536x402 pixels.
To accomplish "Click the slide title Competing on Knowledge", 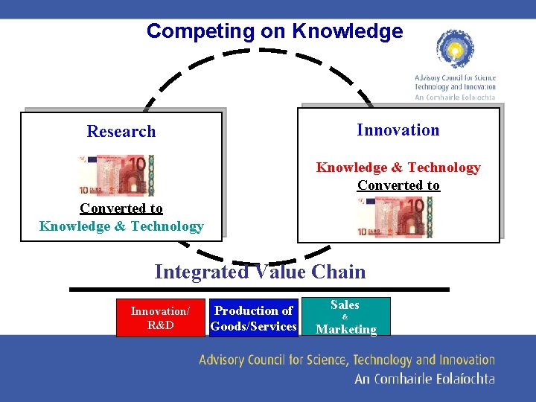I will pyautogui.click(x=274, y=31).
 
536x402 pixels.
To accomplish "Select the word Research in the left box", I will pyautogui.click(x=121, y=132).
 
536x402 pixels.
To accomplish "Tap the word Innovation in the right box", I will pyautogui.click(x=398, y=130).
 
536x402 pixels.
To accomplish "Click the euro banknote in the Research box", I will pyautogui.click(x=117, y=175).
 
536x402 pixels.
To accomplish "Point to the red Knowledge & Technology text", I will pyautogui.click(x=398, y=167).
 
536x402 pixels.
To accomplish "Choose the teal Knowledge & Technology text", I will pyautogui.click(x=121, y=226).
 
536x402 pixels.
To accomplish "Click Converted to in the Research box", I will pyautogui.click(x=121, y=208).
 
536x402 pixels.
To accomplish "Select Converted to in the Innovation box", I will pyautogui.click(x=398, y=185).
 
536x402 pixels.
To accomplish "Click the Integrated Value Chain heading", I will pyautogui.click(x=260, y=272).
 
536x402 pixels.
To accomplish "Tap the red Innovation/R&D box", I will pyautogui.click(x=160, y=318).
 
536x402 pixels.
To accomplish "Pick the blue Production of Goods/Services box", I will pyautogui.click(x=254, y=318).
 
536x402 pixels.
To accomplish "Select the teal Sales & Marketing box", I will pyautogui.click(x=345, y=317).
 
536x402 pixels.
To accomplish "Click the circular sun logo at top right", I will pyautogui.click(x=455, y=50).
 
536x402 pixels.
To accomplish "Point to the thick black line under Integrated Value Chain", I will pyautogui.click(x=260, y=289).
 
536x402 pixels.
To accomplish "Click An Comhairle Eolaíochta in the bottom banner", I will pyautogui.click(x=424, y=379).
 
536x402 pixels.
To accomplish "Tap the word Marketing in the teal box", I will pyautogui.click(x=346, y=329).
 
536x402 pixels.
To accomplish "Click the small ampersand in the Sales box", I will pyautogui.click(x=345, y=317).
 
